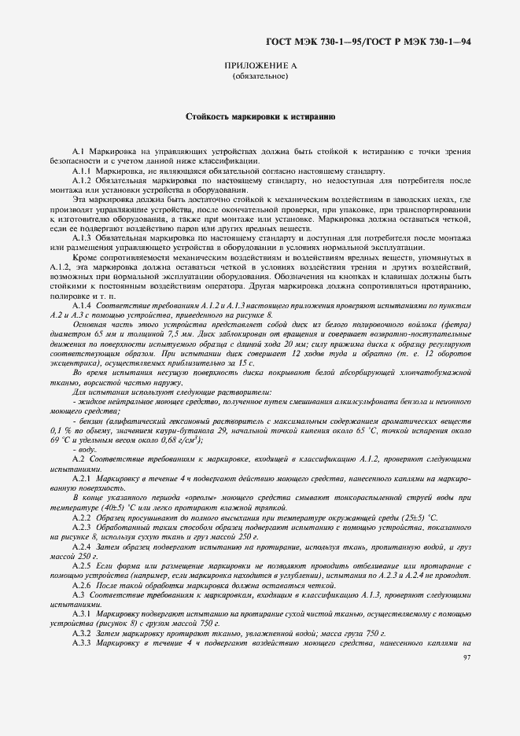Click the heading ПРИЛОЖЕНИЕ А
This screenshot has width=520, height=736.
[260, 68]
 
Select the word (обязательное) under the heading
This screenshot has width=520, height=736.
[260, 78]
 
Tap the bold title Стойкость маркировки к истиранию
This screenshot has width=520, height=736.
[260, 116]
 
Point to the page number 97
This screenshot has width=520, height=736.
[467, 657]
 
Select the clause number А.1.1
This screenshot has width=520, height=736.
[82, 171]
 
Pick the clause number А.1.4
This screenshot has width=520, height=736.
[82, 304]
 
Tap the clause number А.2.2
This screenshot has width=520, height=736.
[82, 520]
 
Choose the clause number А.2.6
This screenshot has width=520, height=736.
[82, 586]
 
